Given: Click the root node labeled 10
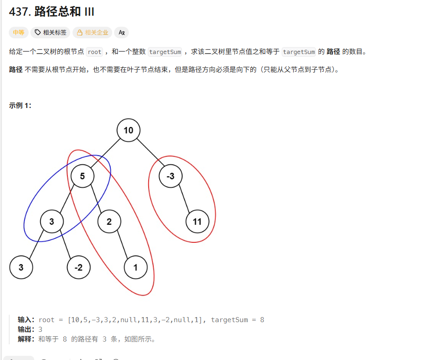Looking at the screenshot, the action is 128,130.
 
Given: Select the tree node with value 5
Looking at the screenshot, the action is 83,176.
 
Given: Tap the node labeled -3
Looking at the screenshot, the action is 170,176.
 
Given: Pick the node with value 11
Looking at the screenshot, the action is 197,222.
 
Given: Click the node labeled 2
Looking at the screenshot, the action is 109,222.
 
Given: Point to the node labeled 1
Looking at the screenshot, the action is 135,267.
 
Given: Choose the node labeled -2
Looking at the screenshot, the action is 79,267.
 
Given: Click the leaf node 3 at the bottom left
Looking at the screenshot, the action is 21,267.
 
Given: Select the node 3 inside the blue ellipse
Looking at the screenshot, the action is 52,222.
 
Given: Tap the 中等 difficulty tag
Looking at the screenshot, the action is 18,32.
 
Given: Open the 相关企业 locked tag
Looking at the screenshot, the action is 92,32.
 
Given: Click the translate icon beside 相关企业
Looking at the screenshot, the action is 121,32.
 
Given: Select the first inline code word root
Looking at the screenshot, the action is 94,52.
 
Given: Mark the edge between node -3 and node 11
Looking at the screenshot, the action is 184,199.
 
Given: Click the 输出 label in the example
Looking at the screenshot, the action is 26,330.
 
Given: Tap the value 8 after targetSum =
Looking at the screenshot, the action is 262,320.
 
